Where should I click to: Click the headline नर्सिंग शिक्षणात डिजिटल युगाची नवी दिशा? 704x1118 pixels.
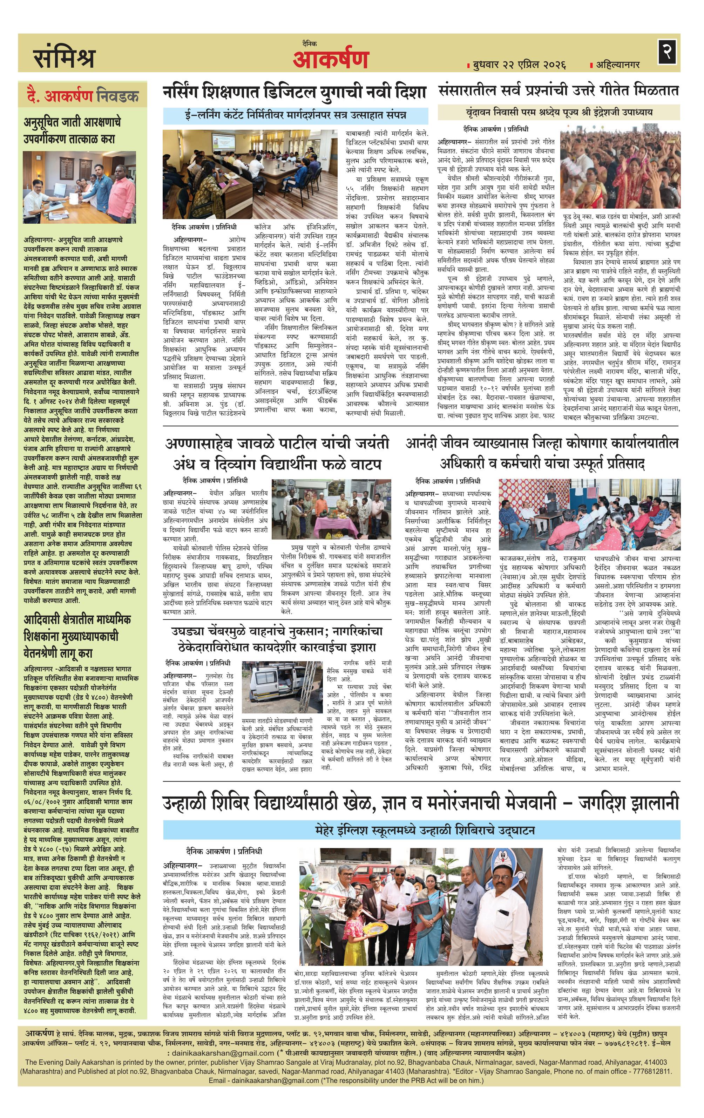295,93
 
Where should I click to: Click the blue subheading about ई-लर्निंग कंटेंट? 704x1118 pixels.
295,115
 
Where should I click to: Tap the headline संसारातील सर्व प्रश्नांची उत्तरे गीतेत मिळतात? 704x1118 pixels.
559,90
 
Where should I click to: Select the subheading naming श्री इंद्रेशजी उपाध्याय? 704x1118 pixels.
559,112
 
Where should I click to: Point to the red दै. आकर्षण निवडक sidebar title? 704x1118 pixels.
82,96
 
